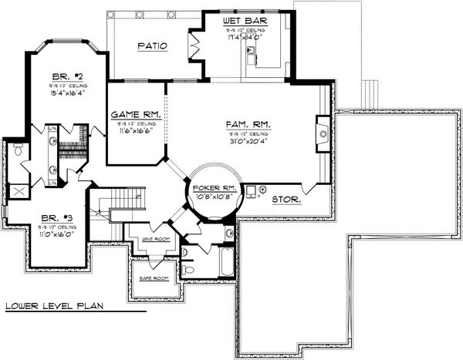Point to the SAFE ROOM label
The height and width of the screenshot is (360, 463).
154,278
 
